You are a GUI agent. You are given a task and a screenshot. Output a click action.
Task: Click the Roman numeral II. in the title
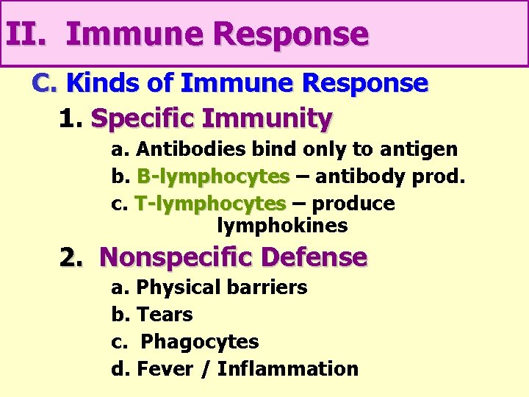pos(27,35)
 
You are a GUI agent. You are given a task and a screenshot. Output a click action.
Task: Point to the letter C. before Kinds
pos(45,84)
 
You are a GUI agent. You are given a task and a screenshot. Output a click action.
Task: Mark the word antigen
pos(418,149)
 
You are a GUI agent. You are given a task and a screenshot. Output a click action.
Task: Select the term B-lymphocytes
pos(213,177)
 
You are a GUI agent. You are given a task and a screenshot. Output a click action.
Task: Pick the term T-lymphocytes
pos(211,204)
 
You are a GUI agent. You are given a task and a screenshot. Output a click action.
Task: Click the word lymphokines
pos(282,226)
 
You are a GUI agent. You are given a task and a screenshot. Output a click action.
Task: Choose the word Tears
pos(165,315)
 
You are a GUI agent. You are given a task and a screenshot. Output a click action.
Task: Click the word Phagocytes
pos(200,342)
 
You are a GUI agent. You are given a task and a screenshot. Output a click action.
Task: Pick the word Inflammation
pos(288,369)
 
